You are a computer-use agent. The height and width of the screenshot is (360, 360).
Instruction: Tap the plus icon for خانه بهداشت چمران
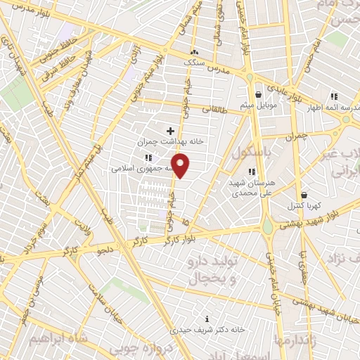click(170, 130)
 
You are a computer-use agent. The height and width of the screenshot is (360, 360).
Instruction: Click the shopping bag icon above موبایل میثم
click(259, 94)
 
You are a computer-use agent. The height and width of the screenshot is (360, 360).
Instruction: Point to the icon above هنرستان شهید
click(252, 171)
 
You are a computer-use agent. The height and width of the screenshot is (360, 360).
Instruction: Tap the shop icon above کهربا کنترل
click(304, 195)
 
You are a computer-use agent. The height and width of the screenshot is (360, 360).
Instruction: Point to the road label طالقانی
click(212, 109)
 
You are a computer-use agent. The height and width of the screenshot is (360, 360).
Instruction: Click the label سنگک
click(197, 63)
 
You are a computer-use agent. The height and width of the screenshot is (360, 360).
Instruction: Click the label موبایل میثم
click(261, 105)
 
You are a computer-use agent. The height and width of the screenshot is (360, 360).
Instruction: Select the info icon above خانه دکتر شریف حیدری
click(206, 318)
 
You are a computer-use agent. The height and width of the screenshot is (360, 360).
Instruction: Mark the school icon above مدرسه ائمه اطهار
click(335, 96)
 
